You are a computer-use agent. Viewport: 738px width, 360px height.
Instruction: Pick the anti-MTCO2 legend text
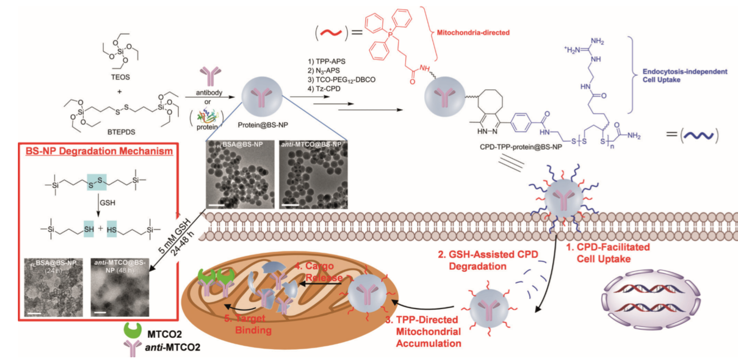tap(172, 346)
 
